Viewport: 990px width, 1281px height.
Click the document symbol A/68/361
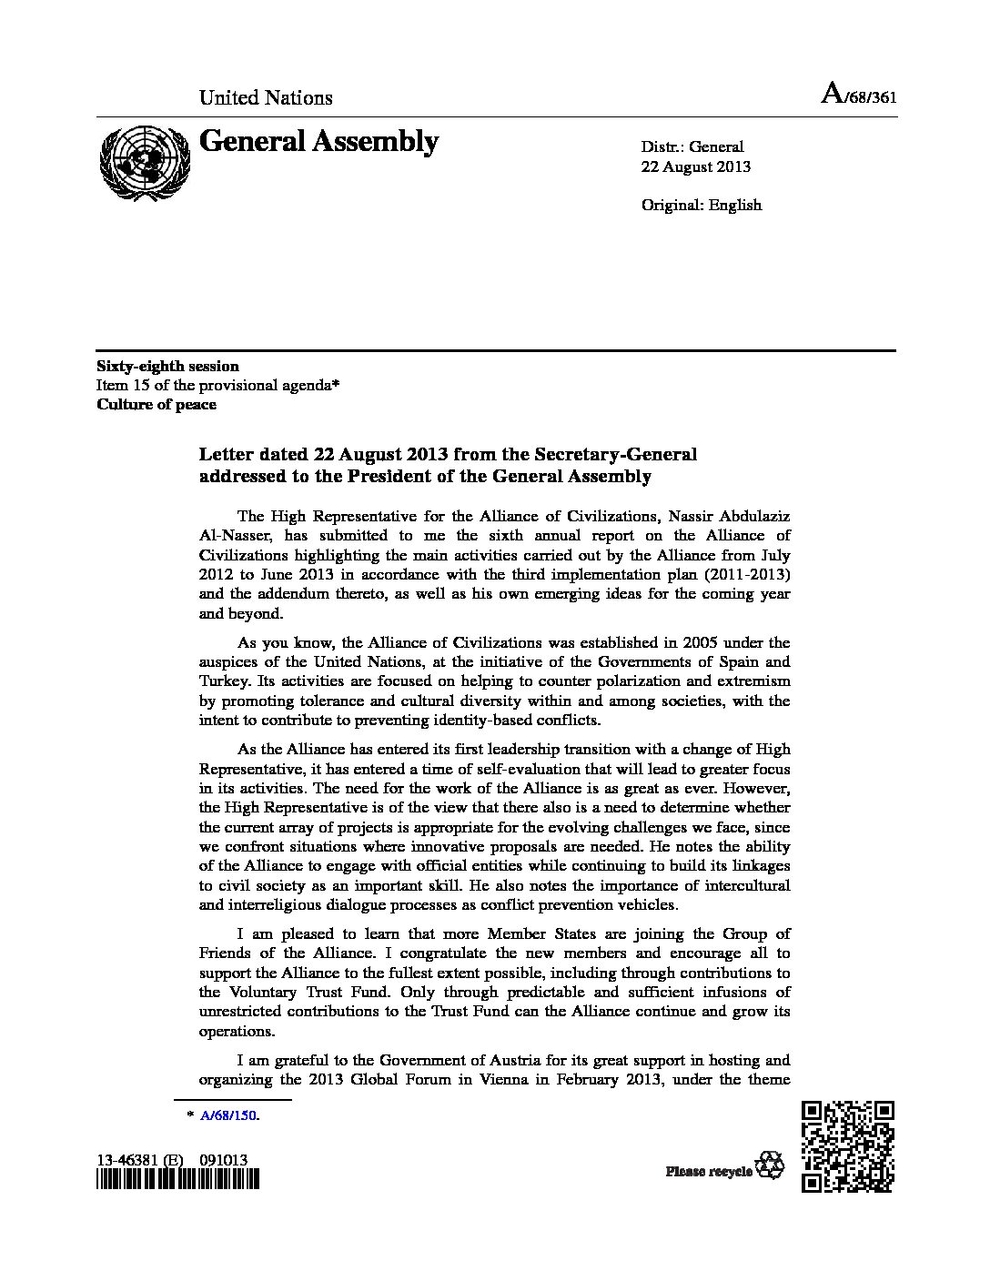click(858, 96)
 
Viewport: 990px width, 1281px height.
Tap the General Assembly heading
click(318, 142)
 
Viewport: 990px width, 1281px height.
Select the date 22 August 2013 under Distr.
click(696, 166)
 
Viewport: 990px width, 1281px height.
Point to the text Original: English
click(701, 205)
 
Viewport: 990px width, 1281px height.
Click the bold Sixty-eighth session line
click(168, 366)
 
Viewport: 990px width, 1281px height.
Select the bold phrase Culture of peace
click(157, 405)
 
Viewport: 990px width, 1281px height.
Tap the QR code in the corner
click(848, 1145)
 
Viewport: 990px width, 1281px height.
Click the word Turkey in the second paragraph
click(222, 681)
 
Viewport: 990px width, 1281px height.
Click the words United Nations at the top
click(266, 97)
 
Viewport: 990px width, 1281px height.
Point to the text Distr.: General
click(692, 146)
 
